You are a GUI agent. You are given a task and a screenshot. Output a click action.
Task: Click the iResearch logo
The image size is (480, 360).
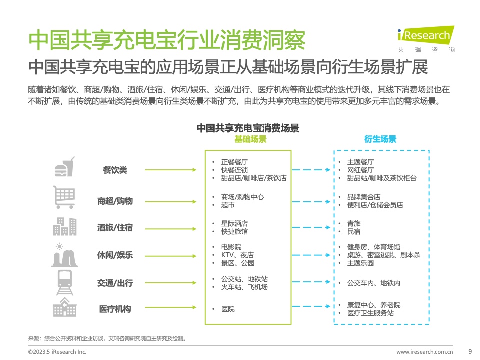pyautogui.click(x=426, y=39)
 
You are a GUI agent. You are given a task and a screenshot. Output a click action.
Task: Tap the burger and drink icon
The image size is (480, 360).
pyautogui.click(x=64, y=167)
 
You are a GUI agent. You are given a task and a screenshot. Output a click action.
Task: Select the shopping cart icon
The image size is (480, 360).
pyautogui.click(x=64, y=197)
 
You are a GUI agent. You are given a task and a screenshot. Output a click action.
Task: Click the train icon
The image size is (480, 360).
pyautogui.click(x=65, y=282)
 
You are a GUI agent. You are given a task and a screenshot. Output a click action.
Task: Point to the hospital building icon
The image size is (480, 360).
pyautogui.click(x=64, y=307)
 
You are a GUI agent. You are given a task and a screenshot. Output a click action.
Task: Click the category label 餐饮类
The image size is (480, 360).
pyautogui.click(x=115, y=170)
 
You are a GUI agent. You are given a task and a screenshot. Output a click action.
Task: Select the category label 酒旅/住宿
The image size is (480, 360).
pyautogui.click(x=115, y=228)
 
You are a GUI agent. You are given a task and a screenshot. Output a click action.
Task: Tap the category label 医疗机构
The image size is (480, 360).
pyautogui.click(x=115, y=309)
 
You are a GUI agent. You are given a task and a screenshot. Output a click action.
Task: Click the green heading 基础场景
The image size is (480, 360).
pyautogui.click(x=250, y=139)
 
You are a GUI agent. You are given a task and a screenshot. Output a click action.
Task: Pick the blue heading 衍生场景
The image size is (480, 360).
pyautogui.click(x=380, y=139)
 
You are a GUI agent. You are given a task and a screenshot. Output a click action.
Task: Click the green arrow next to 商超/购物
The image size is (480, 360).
pyautogui.click(x=171, y=201)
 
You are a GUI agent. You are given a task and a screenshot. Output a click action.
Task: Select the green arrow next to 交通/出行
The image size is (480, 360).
pyautogui.click(x=171, y=283)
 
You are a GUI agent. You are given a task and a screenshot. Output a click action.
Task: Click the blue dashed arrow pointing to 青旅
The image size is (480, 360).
pyautogui.click(x=311, y=227)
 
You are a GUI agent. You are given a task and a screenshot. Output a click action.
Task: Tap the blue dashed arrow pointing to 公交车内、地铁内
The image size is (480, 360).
pyautogui.click(x=311, y=282)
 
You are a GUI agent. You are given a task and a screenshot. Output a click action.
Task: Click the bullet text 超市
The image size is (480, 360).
pyautogui.click(x=228, y=205)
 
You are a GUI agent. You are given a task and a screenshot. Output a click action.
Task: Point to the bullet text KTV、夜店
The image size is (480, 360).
pyautogui.click(x=237, y=255)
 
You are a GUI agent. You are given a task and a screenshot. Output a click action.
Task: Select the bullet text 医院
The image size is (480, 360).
pyautogui.click(x=228, y=309)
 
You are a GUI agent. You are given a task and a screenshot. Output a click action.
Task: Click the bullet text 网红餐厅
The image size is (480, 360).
pyautogui.click(x=360, y=170)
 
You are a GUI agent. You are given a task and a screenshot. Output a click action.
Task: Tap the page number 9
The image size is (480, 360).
pyautogui.click(x=470, y=351)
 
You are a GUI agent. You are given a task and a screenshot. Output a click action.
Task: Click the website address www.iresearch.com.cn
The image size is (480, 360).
pyautogui.click(x=425, y=352)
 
